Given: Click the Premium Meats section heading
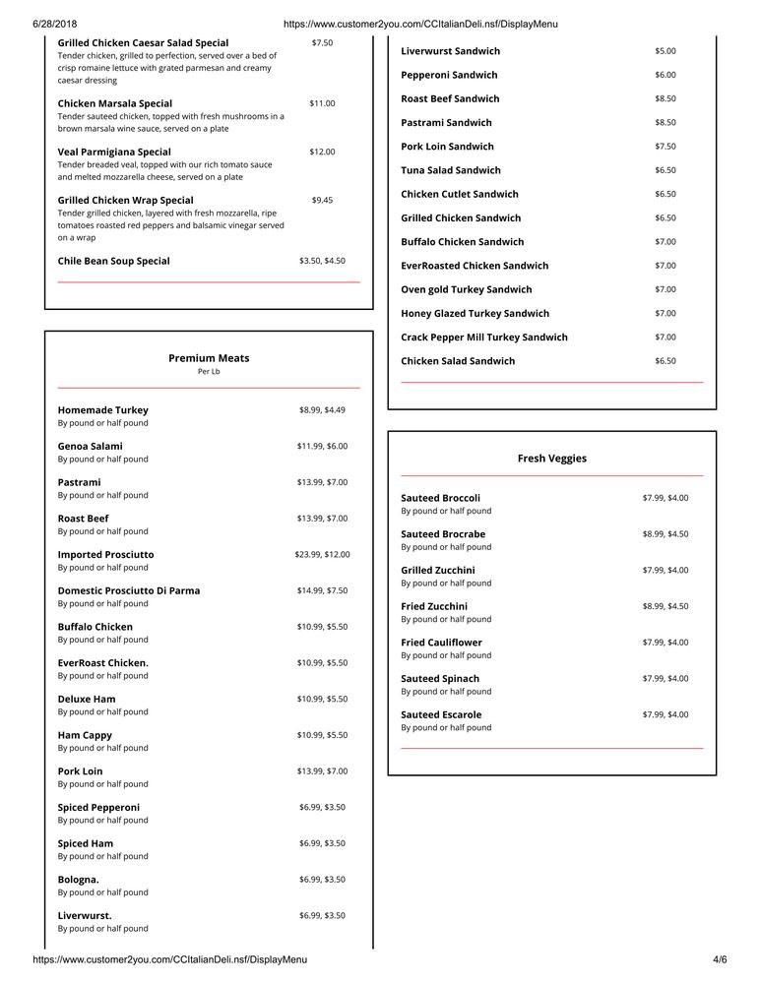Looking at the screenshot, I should point(209,358).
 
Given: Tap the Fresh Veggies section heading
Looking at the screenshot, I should point(551,458).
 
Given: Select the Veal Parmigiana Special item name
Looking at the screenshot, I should point(114,152).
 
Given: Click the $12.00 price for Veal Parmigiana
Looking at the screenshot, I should point(322,152).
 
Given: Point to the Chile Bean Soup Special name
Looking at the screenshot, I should point(113,261).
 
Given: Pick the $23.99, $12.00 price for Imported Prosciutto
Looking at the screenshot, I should point(322,554).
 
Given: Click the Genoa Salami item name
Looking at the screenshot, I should point(91,446).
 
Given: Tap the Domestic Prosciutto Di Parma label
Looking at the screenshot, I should point(129,590).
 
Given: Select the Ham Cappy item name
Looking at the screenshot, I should point(85,735).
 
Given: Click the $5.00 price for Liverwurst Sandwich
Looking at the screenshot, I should point(665,51).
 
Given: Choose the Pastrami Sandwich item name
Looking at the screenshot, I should point(446,123).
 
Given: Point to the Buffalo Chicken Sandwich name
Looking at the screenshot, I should point(462,242).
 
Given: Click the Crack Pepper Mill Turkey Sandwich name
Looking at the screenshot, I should point(484,338).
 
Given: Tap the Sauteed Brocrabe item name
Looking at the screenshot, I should point(443,534).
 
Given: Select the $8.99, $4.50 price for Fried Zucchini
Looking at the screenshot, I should point(665,606).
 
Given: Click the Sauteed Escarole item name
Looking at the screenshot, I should point(441,714).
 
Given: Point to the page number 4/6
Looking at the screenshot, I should point(720,959).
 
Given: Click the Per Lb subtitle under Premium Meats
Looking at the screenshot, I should point(209,372).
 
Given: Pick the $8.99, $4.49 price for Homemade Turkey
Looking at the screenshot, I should point(322,409).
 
